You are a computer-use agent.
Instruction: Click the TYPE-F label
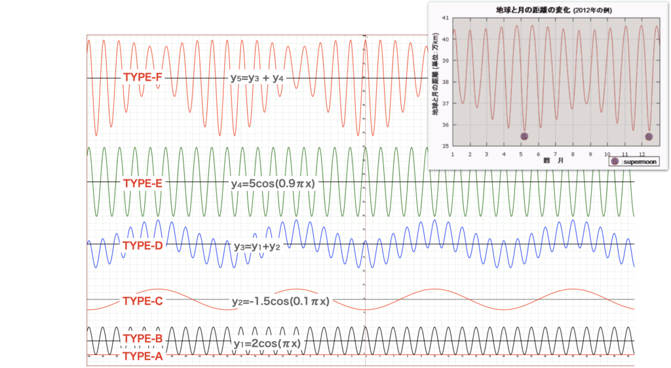(x=142, y=77)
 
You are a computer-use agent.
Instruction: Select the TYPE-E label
(x=142, y=183)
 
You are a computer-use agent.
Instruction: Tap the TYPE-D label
(x=142, y=246)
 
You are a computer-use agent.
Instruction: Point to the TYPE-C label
(x=142, y=301)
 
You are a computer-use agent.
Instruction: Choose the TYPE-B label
(x=142, y=339)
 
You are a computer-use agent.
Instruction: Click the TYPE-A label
(x=142, y=356)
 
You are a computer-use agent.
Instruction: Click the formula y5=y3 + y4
(x=256, y=78)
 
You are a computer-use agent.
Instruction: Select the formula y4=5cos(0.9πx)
(x=273, y=183)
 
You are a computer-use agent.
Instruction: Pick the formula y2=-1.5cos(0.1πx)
(x=280, y=301)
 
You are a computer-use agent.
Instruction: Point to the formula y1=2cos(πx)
(x=267, y=343)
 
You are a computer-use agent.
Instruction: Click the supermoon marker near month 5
(x=524, y=136)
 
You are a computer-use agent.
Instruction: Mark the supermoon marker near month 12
(x=649, y=136)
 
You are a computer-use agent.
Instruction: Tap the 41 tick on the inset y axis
(x=446, y=18)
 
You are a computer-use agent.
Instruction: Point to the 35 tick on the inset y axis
(x=446, y=146)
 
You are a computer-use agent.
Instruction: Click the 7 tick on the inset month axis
(x=555, y=154)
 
